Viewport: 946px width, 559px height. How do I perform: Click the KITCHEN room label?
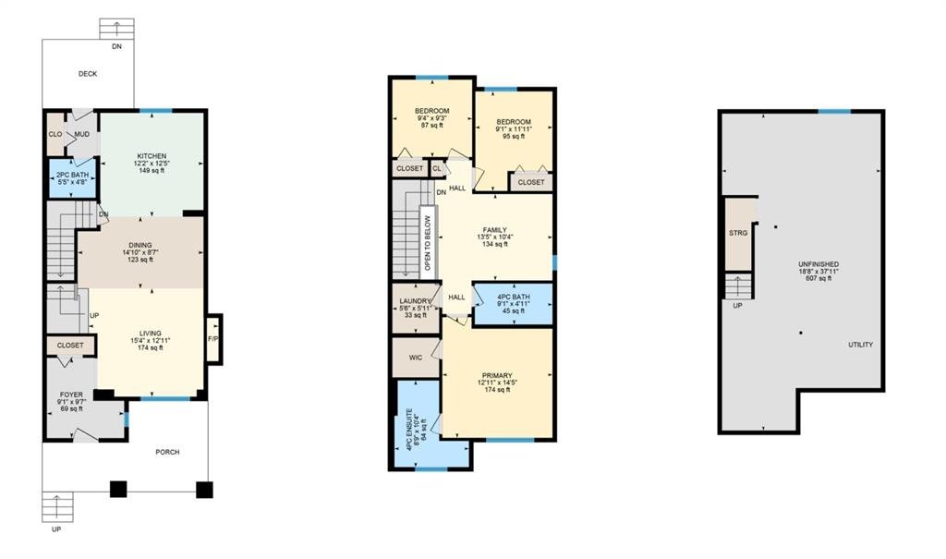point(152,156)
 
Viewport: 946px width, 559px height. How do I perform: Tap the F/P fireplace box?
point(213,339)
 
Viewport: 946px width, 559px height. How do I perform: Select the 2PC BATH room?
point(72,178)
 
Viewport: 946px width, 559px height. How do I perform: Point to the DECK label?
point(88,74)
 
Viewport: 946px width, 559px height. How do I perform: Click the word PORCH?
point(167,452)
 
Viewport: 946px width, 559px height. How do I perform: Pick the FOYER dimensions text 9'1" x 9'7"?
point(71,401)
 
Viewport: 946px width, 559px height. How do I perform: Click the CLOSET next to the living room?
point(70,346)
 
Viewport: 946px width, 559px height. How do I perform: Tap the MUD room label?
point(82,134)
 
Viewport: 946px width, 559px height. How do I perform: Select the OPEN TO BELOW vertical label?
point(427,243)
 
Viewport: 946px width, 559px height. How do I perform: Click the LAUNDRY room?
point(415,308)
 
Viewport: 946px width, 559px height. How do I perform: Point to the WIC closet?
point(416,358)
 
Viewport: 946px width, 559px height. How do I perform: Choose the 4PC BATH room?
point(514,304)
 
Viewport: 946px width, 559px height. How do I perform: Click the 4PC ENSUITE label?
point(408,431)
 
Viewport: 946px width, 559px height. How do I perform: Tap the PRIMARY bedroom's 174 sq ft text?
point(497,390)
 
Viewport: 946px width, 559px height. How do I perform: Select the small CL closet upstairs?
point(437,168)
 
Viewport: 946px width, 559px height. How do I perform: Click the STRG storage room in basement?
point(738,234)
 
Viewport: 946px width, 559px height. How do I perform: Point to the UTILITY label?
point(860,345)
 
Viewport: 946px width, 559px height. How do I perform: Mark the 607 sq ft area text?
point(819,279)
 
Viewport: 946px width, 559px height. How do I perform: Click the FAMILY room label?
point(495,230)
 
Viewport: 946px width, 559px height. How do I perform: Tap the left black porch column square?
point(118,489)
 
